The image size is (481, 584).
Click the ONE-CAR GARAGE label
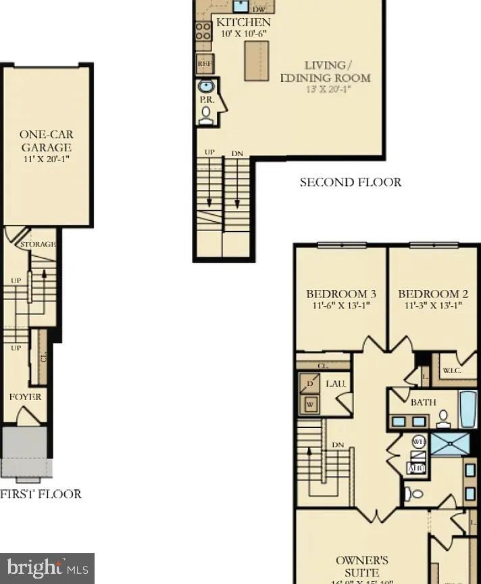tap(46, 141)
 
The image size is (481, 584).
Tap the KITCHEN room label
tap(243, 22)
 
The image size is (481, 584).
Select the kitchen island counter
tap(257, 61)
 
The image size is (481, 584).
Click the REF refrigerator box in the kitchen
tap(204, 64)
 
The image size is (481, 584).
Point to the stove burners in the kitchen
tap(203, 31)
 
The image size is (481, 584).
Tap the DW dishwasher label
tap(258, 9)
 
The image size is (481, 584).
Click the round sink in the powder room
tap(205, 87)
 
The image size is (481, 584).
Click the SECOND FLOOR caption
tap(350, 182)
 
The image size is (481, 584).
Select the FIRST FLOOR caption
tap(41, 494)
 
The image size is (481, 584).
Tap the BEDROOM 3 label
tap(340, 294)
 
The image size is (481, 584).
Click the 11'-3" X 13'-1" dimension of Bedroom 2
tap(432, 306)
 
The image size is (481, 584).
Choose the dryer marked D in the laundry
tap(310, 385)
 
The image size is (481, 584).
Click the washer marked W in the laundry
tap(310, 405)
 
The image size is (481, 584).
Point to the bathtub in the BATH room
tap(468, 409)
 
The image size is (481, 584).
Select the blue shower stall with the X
tap(450, 444)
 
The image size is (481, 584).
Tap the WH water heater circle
tap(418, 442)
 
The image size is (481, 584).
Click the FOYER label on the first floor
tap(25, 397)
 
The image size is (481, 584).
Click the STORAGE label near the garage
tap(38, 244)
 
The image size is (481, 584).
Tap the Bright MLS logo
tap(47, 568)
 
